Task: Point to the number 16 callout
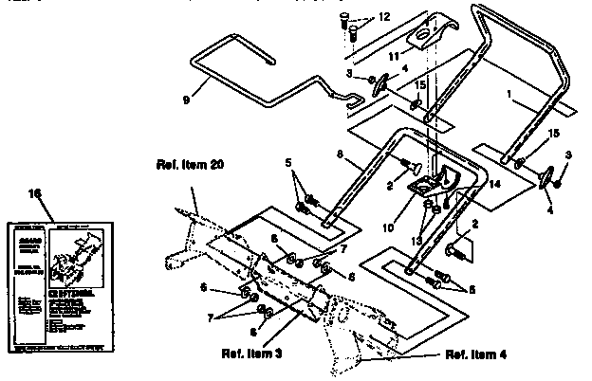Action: (35, 192)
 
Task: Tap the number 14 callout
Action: (495, 186)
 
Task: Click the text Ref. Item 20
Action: (189, 164)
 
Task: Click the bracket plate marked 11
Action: (423, 32)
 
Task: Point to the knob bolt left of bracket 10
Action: (416, 165)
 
